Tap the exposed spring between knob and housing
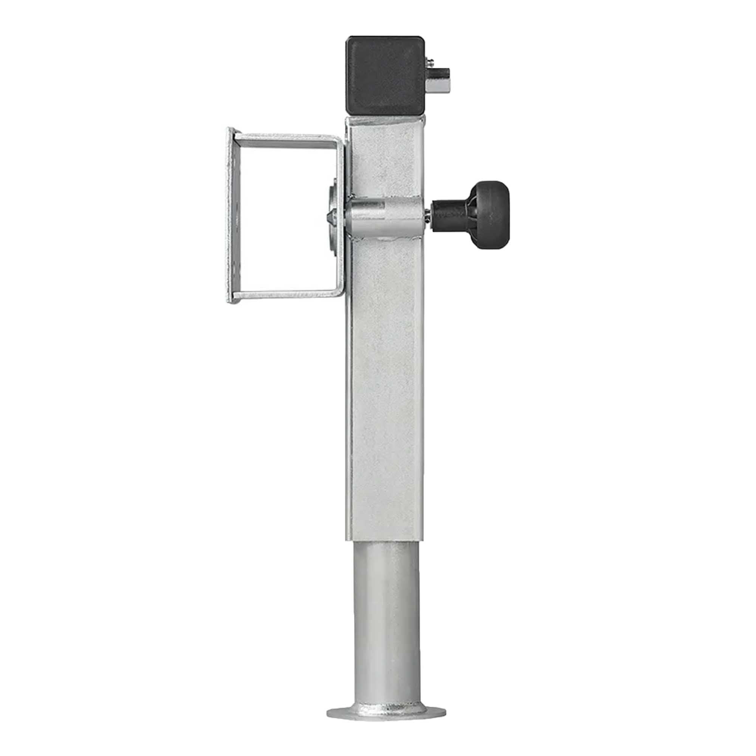pos(429,215)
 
